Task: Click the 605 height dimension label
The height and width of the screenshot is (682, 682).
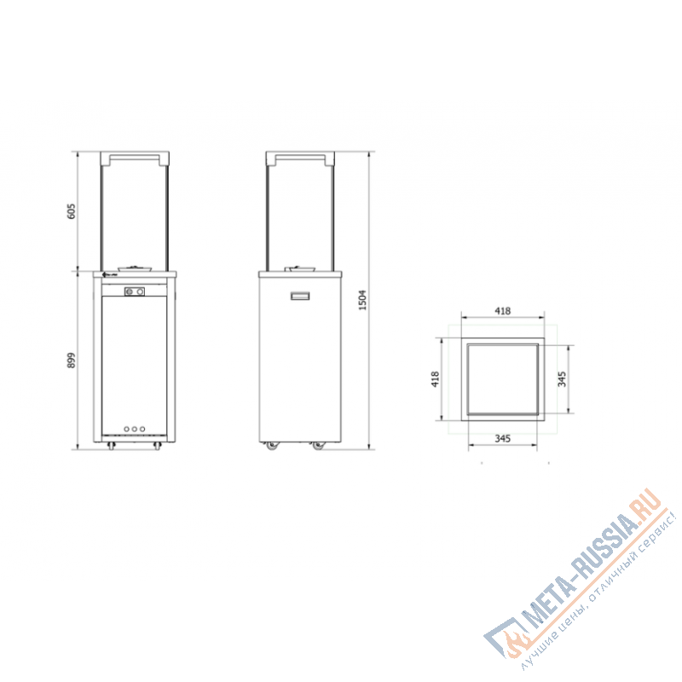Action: (x=72, y=211)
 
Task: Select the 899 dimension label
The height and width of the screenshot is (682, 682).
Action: (x=72, y=360)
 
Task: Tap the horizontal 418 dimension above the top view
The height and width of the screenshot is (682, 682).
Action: (x=503, y=312)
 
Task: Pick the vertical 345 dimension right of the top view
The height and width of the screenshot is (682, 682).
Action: (x=562, y=379)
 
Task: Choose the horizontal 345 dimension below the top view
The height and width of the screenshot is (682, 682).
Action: (x=502, y=438)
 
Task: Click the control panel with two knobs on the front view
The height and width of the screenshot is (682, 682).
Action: (x=135, y=292)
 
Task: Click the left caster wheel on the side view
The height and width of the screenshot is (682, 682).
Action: (x=271, y=446)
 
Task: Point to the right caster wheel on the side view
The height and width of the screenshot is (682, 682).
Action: (x=319, y=446)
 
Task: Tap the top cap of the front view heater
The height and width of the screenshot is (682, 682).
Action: (x=136, y=158)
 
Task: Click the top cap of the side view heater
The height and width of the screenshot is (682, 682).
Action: (x=301, y=158)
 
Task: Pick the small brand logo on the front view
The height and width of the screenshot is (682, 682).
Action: (x=109, y=275)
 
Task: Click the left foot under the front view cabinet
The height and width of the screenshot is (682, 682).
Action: (x=110, y=445)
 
